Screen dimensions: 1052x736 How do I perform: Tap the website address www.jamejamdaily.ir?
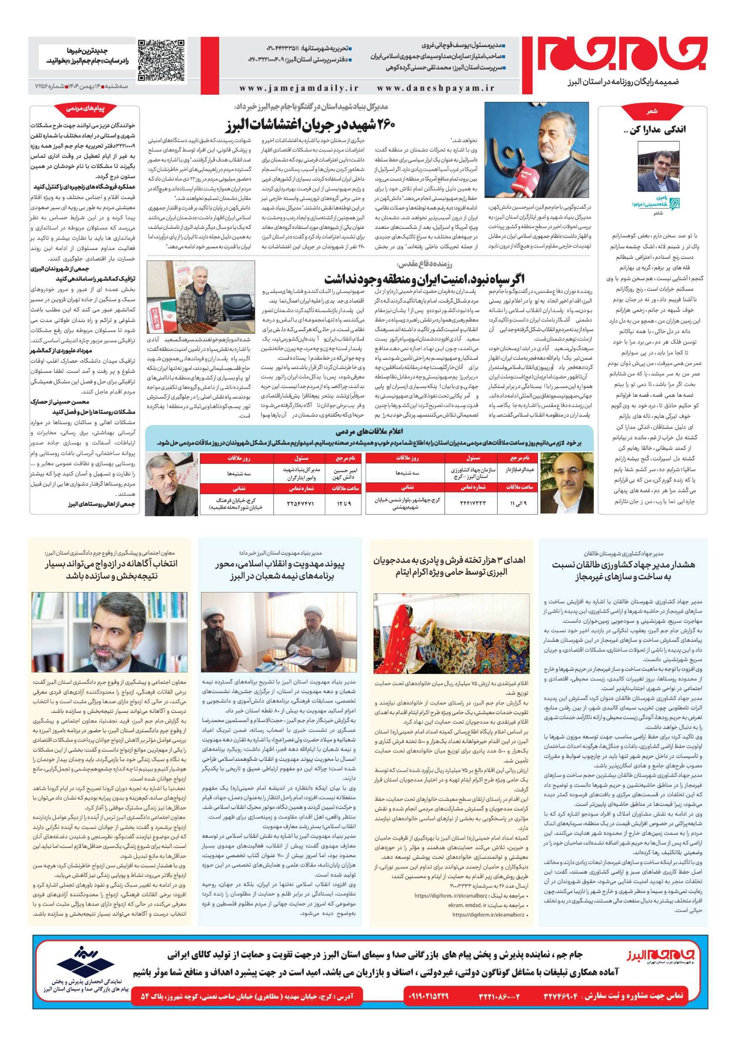click(299, 88)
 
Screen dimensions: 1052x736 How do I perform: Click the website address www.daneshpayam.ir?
click(436, 88)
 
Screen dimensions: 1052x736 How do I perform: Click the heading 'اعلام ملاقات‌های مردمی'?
click(369, 432)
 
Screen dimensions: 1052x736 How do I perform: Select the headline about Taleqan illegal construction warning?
click(624, 571)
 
